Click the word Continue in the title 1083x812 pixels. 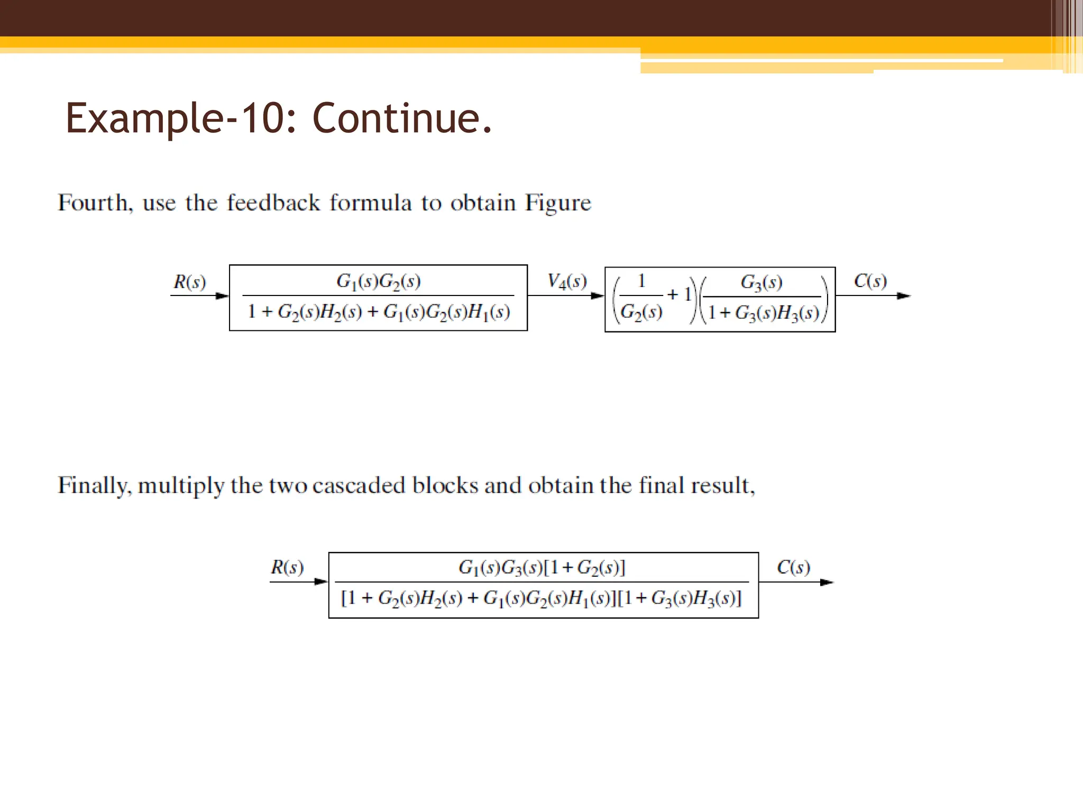402,118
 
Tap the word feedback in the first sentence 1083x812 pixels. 273,203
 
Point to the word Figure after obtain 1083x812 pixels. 558,203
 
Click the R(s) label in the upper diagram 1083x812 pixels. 189,282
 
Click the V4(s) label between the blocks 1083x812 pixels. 567,281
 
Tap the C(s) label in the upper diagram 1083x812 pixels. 870,281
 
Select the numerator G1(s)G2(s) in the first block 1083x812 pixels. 379,281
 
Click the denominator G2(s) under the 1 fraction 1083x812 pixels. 641,312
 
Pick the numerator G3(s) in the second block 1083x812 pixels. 761,282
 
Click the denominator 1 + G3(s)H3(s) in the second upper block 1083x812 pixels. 763,313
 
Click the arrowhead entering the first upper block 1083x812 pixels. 223,296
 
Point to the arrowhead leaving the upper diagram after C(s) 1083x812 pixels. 904,296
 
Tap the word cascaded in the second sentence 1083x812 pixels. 359,485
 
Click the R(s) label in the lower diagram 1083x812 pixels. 287,567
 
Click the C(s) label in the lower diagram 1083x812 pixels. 793,567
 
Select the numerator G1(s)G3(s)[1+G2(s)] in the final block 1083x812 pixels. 542,568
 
